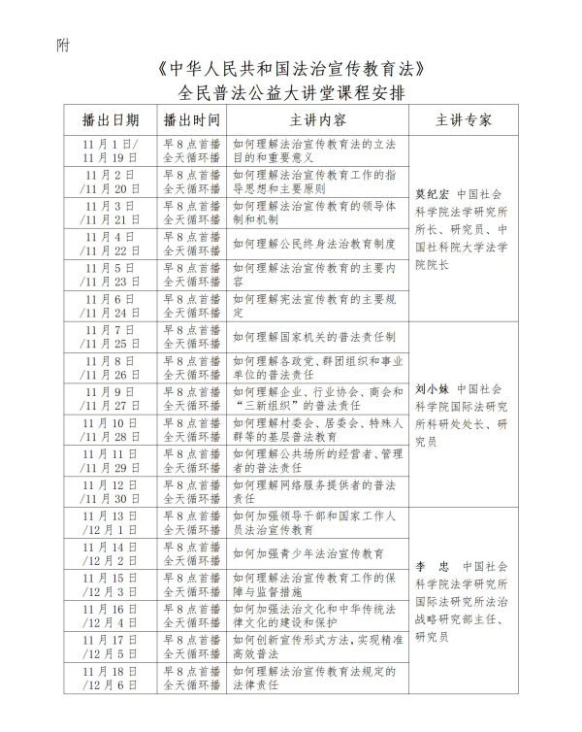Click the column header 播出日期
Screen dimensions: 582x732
pyautogui.click(x=111, y=120)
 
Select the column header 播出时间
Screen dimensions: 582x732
pyautogui.click(x=192, y=120)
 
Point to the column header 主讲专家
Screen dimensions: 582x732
pyautogui.click(x=464, y=120)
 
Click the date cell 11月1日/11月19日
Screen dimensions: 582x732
pyautogui.click(x=111, y=150)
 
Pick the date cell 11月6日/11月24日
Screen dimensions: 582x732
pyautogui.click(x=111, y=306)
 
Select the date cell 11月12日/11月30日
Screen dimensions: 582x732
pyautogui.click(x=111, y=491)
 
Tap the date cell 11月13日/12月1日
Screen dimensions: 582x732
pyautogui.click(x=111, y=522)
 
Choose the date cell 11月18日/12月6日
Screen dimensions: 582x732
pyautogui.click(x=111, y=678)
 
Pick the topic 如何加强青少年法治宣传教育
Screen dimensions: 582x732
pyautogui.click(x=303, y=553)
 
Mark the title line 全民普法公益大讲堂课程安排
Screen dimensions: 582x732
pyautogui.click(x=291, y=93)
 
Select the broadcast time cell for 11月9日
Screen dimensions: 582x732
pyautogui.click(x=192, y=398)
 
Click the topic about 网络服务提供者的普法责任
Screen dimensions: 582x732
pyautogui.click(x=313, y=491)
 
